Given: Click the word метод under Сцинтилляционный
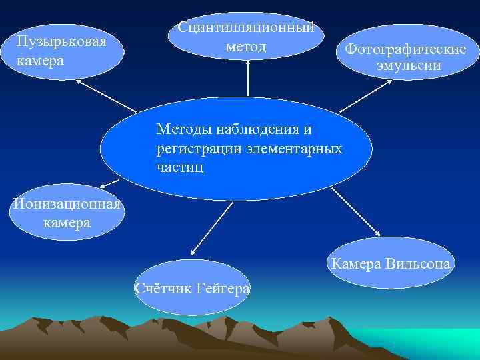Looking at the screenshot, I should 246,47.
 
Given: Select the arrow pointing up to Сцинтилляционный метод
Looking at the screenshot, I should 248,77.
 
